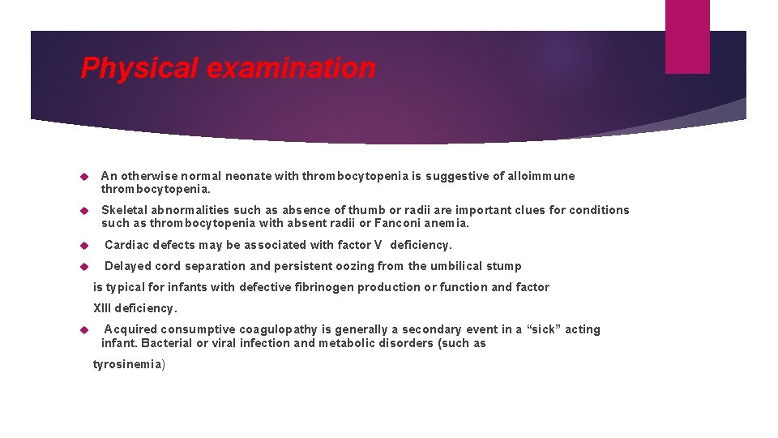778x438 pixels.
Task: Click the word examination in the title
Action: (x=291, y=68)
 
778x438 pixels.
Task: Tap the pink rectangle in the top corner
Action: (x=686, y=36)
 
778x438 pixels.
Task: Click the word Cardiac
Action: (x=127, y=245)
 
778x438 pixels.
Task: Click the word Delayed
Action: (x=129, y=266)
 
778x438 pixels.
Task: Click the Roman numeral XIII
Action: (x=102, y=308)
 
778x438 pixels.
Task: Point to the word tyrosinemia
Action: (x=126, y=365)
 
